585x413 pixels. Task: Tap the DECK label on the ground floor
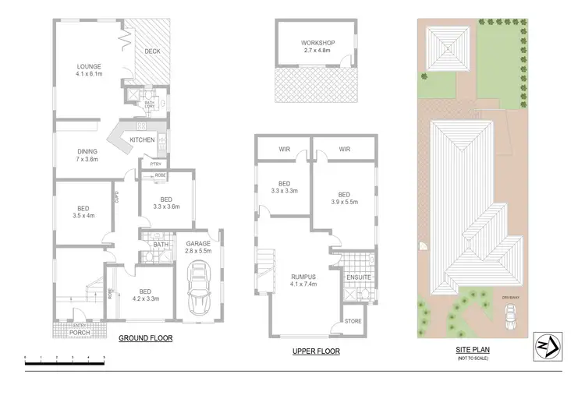pos(152,51)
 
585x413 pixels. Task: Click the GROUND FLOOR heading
pos(145,339)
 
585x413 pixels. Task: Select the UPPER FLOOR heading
pos(316,351)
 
